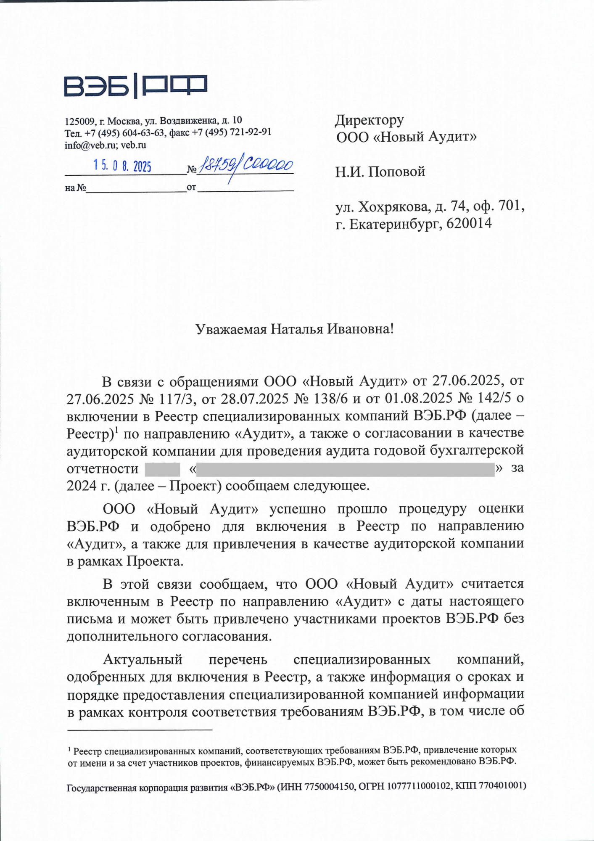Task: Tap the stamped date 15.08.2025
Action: click(x=122, y=166)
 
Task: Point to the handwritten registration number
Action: click(x=246, y=165)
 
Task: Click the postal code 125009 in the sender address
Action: click(x=79, y=122)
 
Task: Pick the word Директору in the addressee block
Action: click(x=369, y=121)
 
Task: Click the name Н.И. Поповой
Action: click(x=380, y=172)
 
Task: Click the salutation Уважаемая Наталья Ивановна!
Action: click(x=295, y=329)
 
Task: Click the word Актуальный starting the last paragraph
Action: click(x=143, y=659)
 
